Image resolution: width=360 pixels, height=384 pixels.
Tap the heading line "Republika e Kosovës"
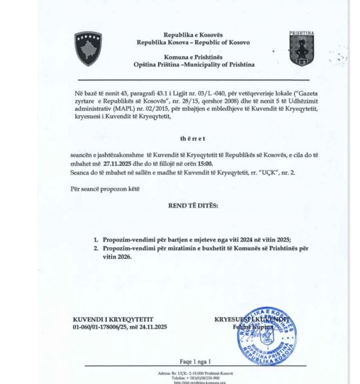(x=193, y=35)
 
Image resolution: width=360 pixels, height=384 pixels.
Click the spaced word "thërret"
(x=193, y=139)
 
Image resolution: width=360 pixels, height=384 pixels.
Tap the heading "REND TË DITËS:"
(x=193, y=205)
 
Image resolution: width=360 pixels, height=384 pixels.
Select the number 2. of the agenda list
(x=96, y=248)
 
